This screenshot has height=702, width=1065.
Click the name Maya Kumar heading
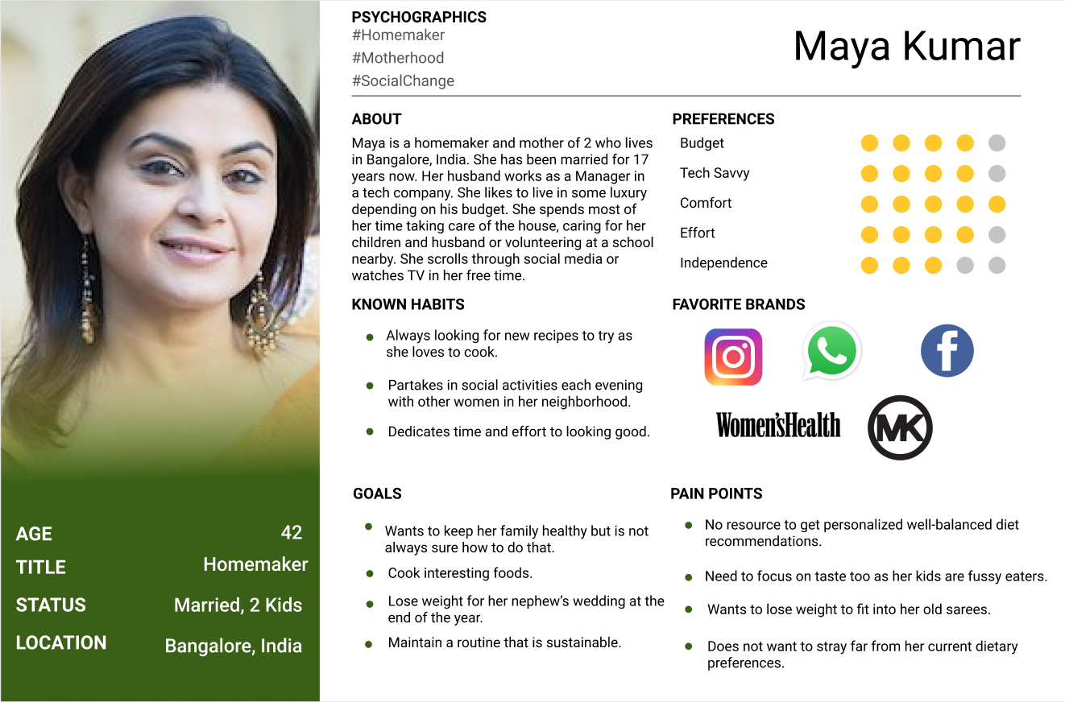(906, 46)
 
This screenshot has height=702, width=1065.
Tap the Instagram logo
(733, 357)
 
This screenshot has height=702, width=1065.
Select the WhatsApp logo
(832, 351)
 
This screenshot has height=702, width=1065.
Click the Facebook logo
(947, 351)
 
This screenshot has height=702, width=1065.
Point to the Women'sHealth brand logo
(778, 425)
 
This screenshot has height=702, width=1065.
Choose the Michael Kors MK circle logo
(900, 427)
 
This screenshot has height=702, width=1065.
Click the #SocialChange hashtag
(403, 81)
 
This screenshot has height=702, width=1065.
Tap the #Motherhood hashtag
(398, 58)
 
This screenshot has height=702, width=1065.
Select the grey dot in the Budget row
(997, 143)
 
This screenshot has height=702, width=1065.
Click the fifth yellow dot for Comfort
(997, 204)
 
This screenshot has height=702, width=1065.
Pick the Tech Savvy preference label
(715, 173)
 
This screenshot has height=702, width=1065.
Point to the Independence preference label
(723, 263)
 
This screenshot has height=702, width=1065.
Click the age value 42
(292, 532)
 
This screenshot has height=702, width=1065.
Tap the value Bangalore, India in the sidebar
(234, 646)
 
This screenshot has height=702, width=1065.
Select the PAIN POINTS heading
(716, 493)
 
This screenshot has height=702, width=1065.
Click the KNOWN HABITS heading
(408, 304)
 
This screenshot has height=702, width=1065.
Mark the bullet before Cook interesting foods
(370, 574)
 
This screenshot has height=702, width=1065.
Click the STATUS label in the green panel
(51, 605)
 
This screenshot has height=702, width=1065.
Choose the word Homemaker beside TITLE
(255, 564)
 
